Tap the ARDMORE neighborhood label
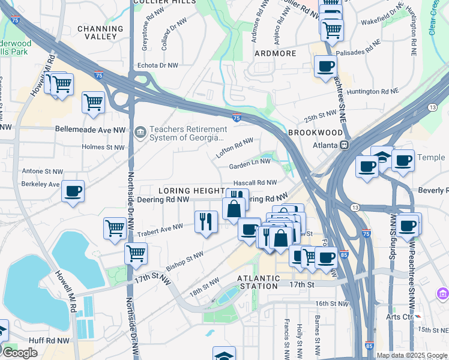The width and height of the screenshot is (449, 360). [x=275, y=53]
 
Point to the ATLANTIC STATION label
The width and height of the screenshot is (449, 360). [x=258, y=282]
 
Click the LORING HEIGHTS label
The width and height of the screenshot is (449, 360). [x=191, y=190]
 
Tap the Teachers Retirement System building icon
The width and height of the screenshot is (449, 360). [x=140, y=131]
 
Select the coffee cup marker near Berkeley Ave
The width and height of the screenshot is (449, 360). [x=73, y=191]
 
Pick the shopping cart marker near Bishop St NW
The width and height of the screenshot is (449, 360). [x=136, y=253]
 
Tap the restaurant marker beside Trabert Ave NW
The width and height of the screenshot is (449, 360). [x=206, y=221]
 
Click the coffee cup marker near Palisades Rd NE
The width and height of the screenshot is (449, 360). [x=325, y=66]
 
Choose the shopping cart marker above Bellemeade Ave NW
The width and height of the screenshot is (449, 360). [x=93, y=103]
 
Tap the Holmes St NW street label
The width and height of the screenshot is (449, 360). [x=107, y=147]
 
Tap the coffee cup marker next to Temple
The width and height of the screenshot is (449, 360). [x=403, y=161]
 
